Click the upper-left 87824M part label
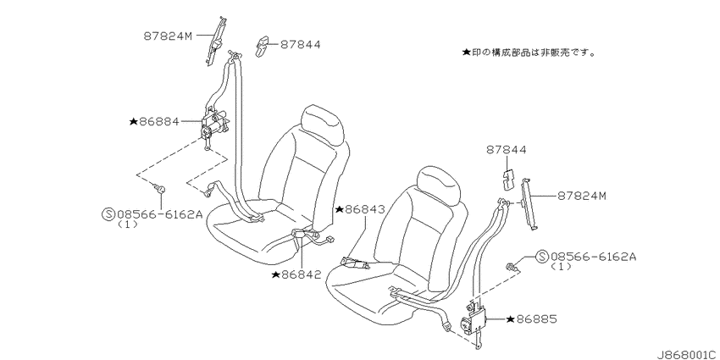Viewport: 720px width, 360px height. tap(167, 36)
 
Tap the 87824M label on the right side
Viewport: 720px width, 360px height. tap(582, 196)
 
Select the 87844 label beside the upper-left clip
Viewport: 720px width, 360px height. tap(301, 45)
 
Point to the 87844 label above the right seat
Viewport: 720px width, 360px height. tap(506, 150)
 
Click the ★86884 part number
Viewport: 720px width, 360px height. tap(154, 122)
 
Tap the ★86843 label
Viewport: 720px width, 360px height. tap(360, 209)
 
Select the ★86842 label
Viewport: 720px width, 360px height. tap(296, 274)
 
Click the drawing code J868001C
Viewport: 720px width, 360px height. tap(688, 354)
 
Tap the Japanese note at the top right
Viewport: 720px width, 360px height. tap(528, 53)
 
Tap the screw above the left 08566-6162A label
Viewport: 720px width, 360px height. tap(160, 188)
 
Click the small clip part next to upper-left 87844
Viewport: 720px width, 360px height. tap(263, 47)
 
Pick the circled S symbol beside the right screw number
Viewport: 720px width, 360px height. tap(542, 256)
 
